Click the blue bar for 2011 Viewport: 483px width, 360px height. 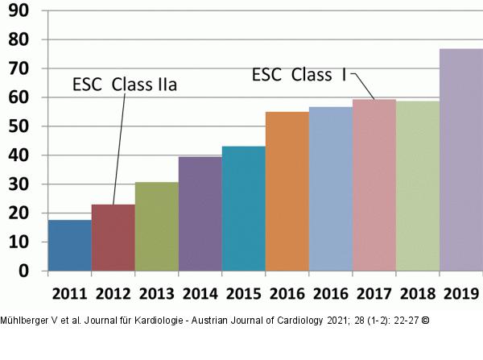click(69, 245)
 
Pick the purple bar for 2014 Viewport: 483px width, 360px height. click(200, 213)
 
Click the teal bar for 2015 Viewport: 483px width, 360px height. click(243, 209)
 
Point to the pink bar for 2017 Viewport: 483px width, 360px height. click(374, 184)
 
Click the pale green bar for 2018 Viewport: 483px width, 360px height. click(417, 185)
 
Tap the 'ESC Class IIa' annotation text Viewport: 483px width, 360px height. click(124, 85)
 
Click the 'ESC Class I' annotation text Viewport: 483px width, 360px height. click(299, 75)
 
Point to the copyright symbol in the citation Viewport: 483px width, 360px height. click(425, 321)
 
